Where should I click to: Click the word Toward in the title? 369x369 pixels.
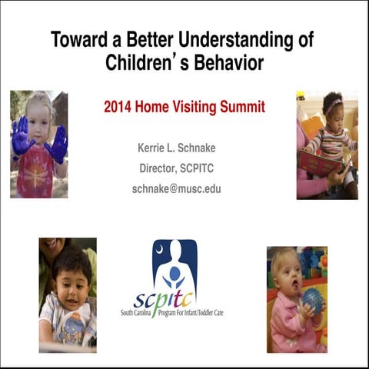(x=77, y=38)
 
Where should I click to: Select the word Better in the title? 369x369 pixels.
(x=149, y=38)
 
